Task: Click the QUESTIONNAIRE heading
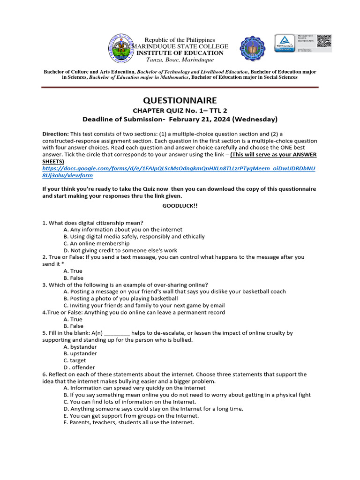[180, 100]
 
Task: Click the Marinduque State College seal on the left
[120, 49]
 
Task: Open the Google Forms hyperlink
[179, 172]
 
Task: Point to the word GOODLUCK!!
[180, 206]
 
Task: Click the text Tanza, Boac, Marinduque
[180, 60]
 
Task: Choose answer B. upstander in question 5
[80, 353]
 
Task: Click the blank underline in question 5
[116, 333]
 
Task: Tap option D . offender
[79, 367]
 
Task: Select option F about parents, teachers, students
[128, 422]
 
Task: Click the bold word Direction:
[56, 134]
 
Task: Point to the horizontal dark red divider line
[180, 87]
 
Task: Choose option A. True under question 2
[73, 271]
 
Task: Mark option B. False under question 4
[73, 326]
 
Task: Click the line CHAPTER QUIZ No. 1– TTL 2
[180, 110]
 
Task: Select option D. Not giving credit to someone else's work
[120, 250]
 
